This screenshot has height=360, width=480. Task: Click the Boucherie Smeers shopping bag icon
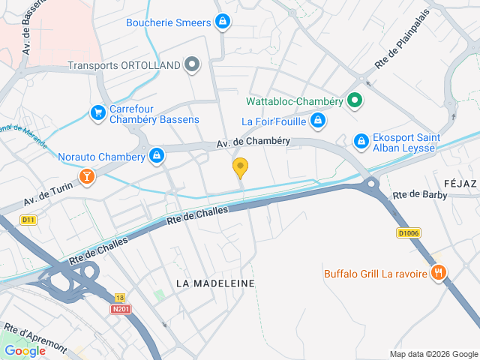(222, 22)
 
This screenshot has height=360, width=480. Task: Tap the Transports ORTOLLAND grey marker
(192, 65)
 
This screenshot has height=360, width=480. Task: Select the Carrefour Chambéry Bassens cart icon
(97, 113)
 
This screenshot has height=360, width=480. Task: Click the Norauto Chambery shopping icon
(156, 156)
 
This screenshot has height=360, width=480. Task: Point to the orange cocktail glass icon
(88, 176)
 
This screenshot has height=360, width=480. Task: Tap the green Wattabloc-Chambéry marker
(355, 100)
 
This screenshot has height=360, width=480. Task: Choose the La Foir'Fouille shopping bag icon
(318, 120)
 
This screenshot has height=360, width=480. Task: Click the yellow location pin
(240, 167)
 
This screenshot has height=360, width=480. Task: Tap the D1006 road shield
(408, 233)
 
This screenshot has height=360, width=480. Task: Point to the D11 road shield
(28, 220)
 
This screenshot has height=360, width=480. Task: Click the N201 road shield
(119, 308)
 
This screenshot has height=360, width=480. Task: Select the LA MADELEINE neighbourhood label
(215, 283)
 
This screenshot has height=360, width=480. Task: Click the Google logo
(25, 350)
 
